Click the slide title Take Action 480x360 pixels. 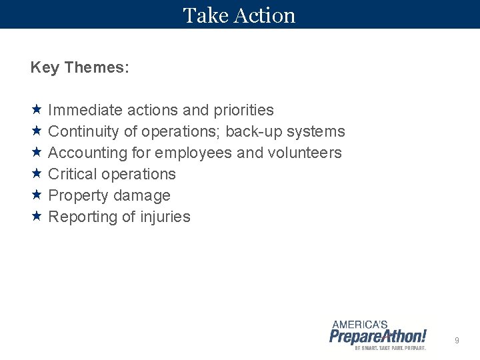point(239,15)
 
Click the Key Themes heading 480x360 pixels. point(80,67)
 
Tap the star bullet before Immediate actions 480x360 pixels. point(36,109)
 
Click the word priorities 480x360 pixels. point(243,110)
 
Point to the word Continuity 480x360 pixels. point(84,131)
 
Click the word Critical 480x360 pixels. point(73,174)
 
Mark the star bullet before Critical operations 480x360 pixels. point(36,173)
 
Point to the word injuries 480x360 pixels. point(165,217)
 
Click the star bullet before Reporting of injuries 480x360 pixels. point(36,216)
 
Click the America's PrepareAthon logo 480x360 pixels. point(378,335)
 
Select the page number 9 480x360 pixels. point(457,341)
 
